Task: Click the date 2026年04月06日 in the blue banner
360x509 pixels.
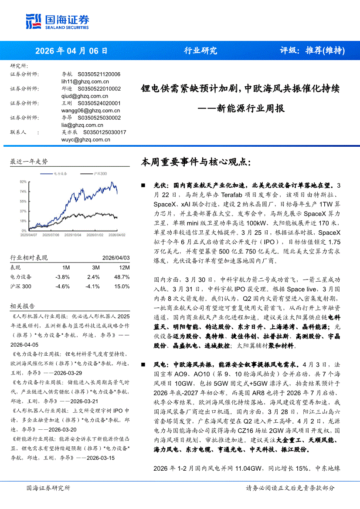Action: tap(71, 51)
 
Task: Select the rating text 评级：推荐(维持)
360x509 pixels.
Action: tap(312, 51)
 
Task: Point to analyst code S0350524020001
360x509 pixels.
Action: tap(99, 103)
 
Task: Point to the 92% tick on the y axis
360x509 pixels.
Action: tap(23, 181)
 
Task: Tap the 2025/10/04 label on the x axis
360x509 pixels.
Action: tap(72, 234)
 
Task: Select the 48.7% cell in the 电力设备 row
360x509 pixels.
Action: tap(122, 277)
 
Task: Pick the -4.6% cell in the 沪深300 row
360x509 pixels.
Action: tap(62, 287)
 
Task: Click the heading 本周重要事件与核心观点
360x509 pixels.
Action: tap(196, 162)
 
